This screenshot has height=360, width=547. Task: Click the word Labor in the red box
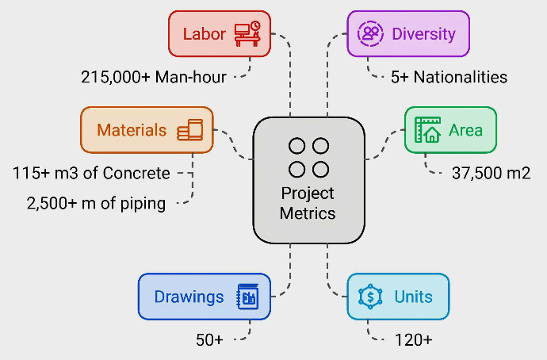pos(205,34)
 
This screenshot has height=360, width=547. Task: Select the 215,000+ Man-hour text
pos(154,77)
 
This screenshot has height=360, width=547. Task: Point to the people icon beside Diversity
pos(370,33)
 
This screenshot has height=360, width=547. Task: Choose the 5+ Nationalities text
pos(449,77)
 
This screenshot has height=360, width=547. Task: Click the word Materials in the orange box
pos(132,130)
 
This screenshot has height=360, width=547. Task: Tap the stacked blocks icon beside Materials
pos(190,130)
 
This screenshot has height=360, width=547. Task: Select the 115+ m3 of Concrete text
pos(91,173)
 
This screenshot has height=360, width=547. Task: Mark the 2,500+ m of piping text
pos(96,204)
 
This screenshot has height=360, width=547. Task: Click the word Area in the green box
pos(465,130)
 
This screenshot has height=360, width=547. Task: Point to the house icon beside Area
pos(428,129)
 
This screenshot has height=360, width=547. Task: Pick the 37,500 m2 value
pos(491,173)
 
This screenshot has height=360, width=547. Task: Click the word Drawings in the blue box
pos(189,297)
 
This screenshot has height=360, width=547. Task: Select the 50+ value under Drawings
pos(210,340)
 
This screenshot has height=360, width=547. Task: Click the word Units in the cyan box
pos(414,297)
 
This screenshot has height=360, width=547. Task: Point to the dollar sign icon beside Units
pos(370,297)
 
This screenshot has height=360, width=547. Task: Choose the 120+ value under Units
pos(414,340)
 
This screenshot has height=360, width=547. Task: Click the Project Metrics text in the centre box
pos(308,203)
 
